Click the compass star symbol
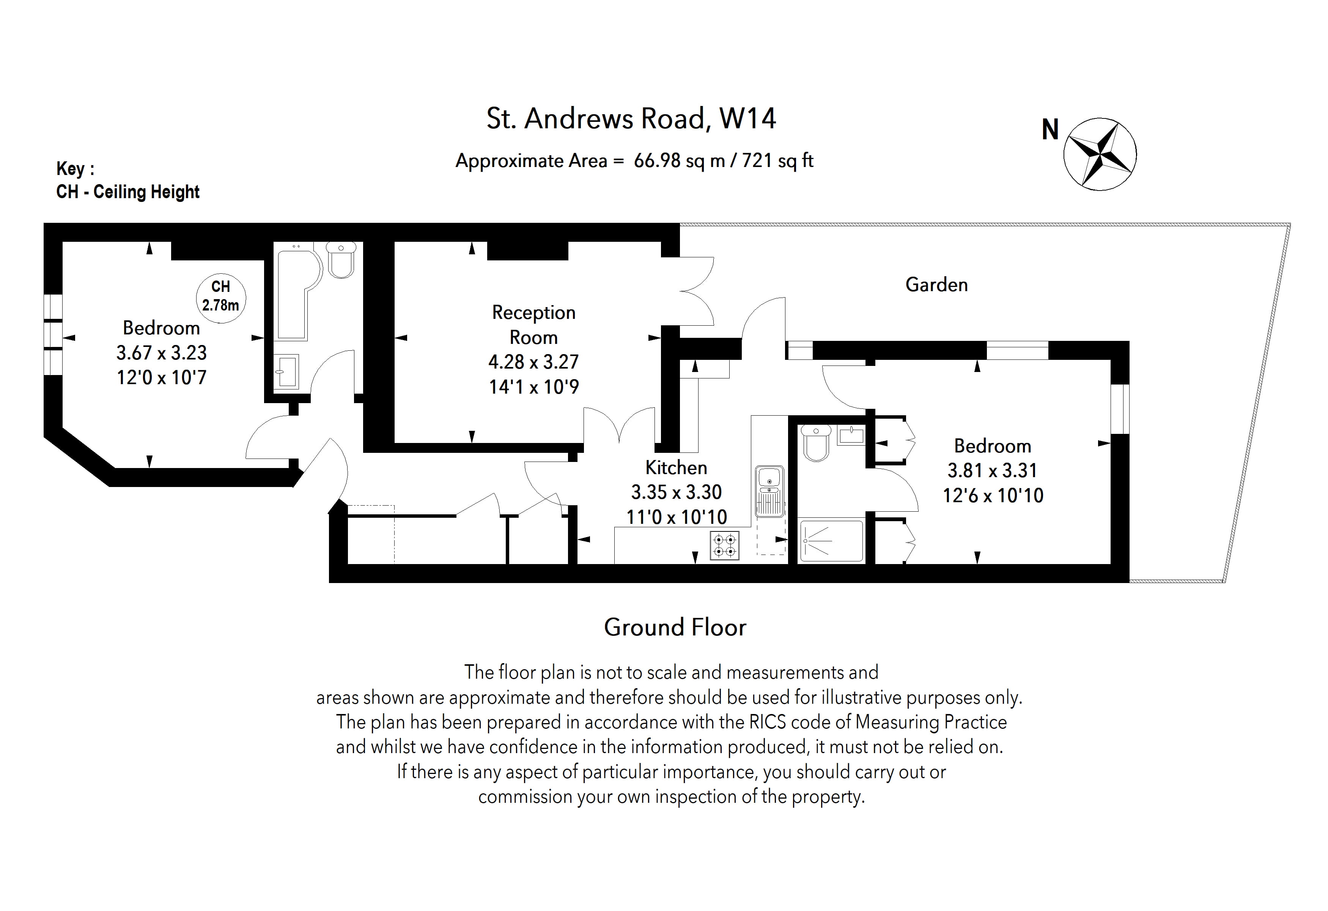[x=1100, y=154]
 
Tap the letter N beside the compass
[x=1050, y=130]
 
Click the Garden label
[x=936, y=285]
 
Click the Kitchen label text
[x=676, y=468]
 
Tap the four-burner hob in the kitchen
[x=725, y=545]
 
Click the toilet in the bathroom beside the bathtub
[x=341, y=260]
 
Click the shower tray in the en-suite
[x=831, y=540]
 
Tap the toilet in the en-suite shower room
[x=815, y=443]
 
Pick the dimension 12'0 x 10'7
[x=162, y=378]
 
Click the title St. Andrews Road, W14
[x=631, y=119]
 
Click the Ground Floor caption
[x=675, y=627]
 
